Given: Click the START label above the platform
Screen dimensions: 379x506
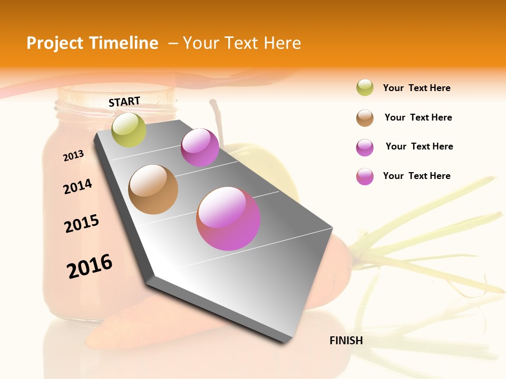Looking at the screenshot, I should click(x=124, y=102).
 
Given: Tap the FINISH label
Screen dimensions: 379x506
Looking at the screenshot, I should click(x=346, y=341).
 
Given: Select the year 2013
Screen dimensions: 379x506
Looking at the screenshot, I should click(x=73, y=156).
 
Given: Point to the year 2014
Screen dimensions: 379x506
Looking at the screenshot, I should click(x=77, y=187).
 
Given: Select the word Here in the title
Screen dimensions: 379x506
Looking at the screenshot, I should click(x=282, y=43).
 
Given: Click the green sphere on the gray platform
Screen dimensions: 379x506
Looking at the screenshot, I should click(x=129, y=130).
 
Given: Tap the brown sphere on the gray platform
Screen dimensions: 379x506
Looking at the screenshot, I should click(x=153, y=189).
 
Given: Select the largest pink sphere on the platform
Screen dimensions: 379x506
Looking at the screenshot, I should click(x=228, y=218).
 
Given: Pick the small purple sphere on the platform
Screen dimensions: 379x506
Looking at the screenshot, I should click(x=200, y=147).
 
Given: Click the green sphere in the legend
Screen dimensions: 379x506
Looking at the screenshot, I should click(x=365, y=88).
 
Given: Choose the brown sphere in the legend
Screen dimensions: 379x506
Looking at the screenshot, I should click(x=365, y=118).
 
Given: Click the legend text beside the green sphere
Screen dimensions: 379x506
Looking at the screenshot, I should click(x=416, y=88).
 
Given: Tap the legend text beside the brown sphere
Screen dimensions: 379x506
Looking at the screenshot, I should click(x=418, y=117).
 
